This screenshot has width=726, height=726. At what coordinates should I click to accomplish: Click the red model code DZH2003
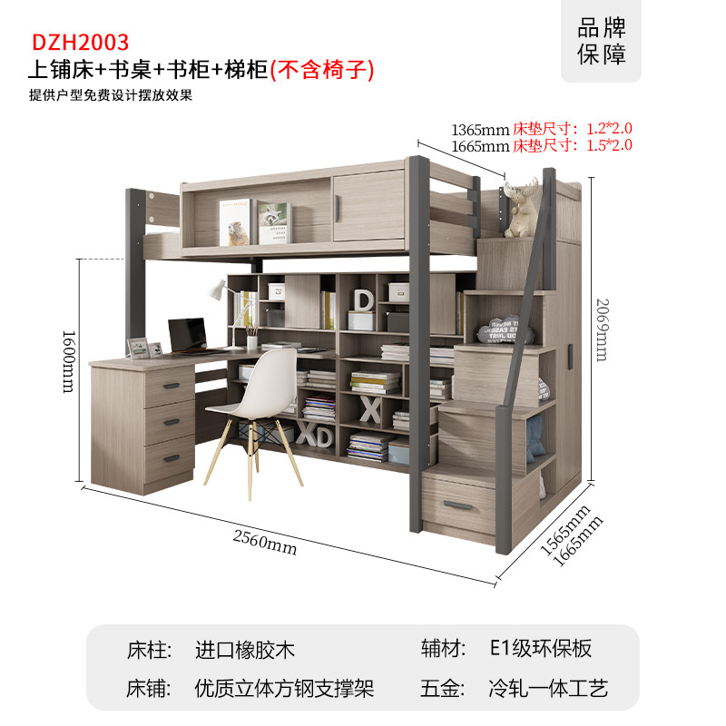point(80,43)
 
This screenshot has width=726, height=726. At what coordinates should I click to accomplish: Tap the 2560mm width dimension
point(265,543)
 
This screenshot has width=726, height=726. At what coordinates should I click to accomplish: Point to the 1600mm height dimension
point(69,361)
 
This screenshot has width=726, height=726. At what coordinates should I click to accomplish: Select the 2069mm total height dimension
point(603,329)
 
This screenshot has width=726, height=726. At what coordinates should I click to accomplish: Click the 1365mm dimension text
point(480,130)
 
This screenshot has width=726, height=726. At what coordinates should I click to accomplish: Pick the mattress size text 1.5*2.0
point(609,145)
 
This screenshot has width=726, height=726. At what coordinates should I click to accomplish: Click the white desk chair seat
point(250,407)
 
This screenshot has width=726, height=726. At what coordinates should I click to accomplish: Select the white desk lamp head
point(216,290)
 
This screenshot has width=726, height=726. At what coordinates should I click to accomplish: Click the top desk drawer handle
point(172,386)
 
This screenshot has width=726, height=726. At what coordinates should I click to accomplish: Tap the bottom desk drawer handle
point(172,458)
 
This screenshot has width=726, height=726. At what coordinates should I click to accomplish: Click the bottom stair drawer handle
point(458,505)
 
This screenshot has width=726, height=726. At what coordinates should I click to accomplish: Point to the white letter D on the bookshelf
point(364,300)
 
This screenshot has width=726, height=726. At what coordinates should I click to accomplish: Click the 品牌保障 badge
point(601,41)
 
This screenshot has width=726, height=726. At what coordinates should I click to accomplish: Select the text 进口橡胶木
point(244,650)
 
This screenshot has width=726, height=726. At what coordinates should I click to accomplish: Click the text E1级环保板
point(540,648)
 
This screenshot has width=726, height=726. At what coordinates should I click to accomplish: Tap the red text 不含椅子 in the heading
point(322,71)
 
